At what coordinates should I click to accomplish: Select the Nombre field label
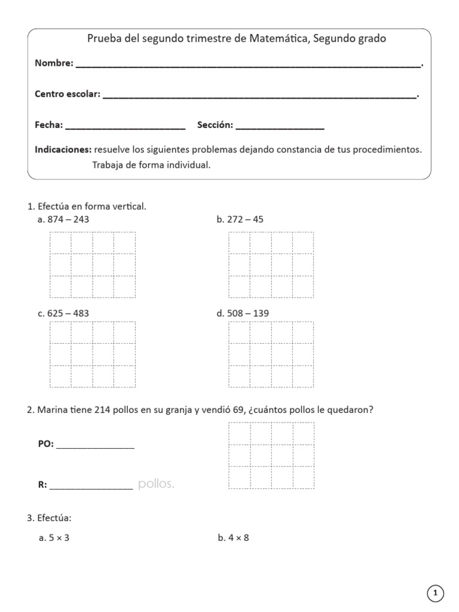(54, 63)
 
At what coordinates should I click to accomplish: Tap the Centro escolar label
(68, 94)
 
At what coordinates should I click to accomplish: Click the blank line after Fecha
(125, 127)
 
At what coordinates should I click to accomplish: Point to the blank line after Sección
(280, 127)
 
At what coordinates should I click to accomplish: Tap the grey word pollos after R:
(156, 484)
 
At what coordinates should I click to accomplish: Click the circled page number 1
(436, 593)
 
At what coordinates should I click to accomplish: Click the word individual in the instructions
(189, 165)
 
